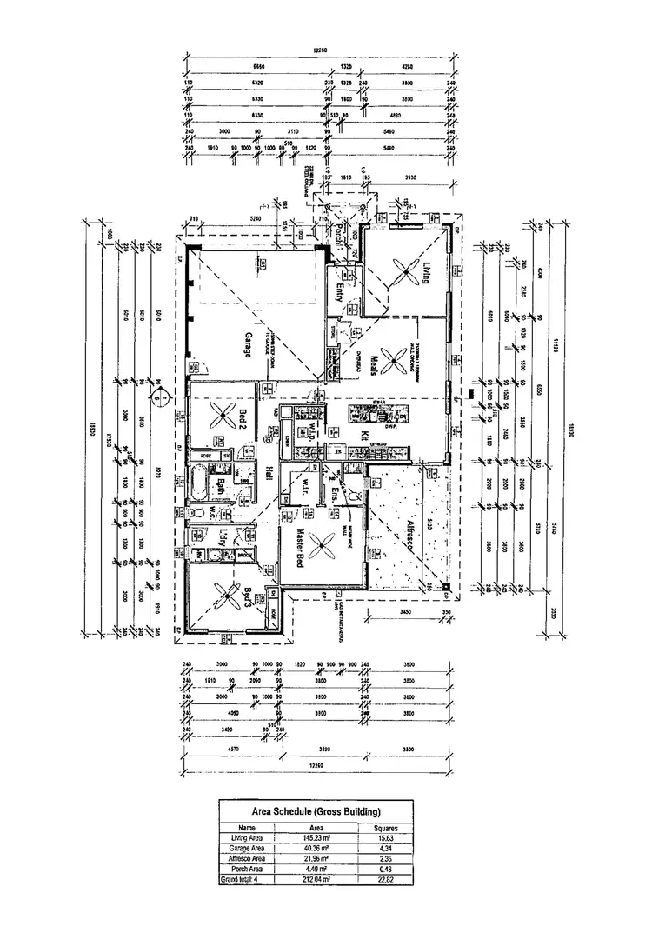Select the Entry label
pyautogui.click(x=339, y=293)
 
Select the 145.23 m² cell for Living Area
pyautogui.click(x=316, y=837)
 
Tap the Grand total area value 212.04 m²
pyautogui.click(x=316, y=879)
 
